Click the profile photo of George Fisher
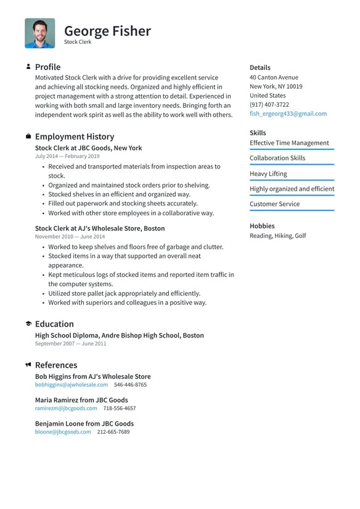[39, 33]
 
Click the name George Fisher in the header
[107, 31]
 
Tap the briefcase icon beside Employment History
[28, 136]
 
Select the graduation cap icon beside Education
[28, 324]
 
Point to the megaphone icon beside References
[28, 365]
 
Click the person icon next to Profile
[28, 67]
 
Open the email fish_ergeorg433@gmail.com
[288, 114]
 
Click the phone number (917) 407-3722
[269, 105]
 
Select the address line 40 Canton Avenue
[274, 78]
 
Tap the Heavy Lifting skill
[268, 174]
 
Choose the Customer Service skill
[274, 204]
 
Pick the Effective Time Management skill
[289, 143]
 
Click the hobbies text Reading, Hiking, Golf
[277, 236]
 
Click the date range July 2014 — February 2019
[68, 157]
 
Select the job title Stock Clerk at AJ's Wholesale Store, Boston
[100, 228]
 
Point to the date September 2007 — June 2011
[70, 344]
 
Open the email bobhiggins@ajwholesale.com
[72, 384]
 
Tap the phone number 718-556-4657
[120, 408]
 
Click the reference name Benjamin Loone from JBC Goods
[84, 424]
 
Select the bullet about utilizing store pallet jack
[124, 294]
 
